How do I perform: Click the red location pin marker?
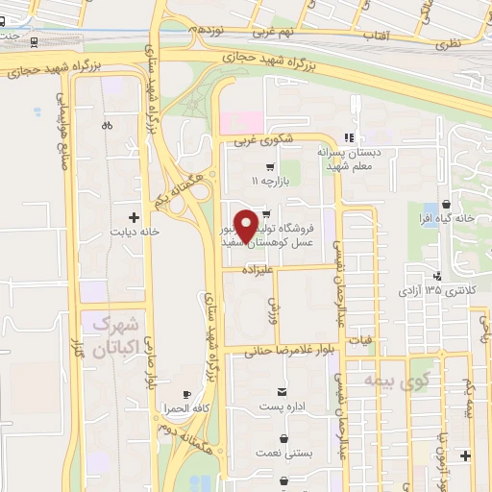pos(246,225)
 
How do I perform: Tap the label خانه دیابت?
pos(134,231)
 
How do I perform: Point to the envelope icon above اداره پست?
pos(282,391)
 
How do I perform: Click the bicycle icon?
pos(106,125)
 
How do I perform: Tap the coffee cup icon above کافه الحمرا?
pos(186,394)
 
